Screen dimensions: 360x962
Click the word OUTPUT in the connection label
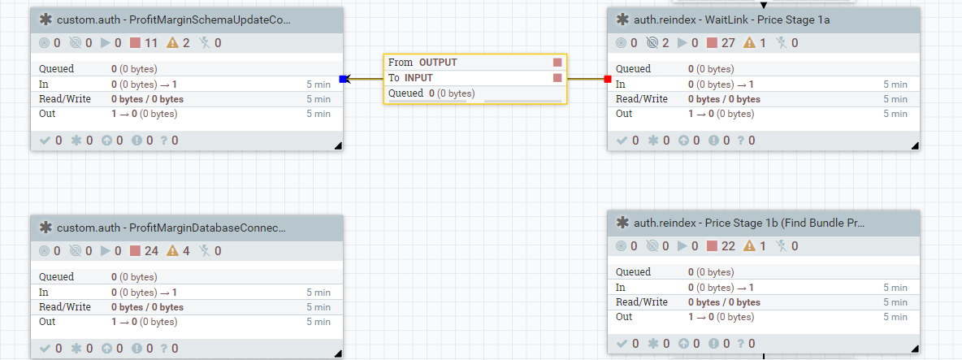tap(438, 63)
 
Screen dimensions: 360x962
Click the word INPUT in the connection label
tap(419, 78)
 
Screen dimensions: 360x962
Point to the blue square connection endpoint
tap(343, 79)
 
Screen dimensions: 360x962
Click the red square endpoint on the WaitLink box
tap(607, 79)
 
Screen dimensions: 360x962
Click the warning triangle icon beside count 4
tap(172, 251)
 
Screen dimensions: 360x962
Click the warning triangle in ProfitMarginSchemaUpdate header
tap(172, 43)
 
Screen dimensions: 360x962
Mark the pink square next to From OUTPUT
tap(557, 63)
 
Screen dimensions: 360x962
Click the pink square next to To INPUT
tap(557, 78)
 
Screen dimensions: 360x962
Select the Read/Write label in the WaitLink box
tap(642, 99)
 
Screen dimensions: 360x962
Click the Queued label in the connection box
tap(405, 93)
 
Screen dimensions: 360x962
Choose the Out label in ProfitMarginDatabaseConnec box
tap(47, 322)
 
